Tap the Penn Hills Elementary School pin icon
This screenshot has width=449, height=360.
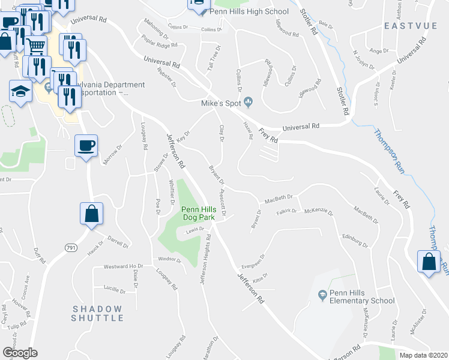pyautogui.click(x=322, y=295)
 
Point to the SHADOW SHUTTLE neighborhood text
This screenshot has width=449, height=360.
pyautogui.click(x=97, y=313)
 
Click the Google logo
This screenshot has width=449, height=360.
pyautogui.click(x=20, y=352)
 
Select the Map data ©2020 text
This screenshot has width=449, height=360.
pyautogui.click(x=421, y=355)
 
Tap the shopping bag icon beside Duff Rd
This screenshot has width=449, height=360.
pyautogui.click(x=91, y=213)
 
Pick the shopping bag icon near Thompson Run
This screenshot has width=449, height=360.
pyautogui.click(x=429, y=261)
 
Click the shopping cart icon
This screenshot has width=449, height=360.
pyautogui.click(x=36, y=44)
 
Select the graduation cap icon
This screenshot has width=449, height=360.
pyautogui.click(x=20, y=92)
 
